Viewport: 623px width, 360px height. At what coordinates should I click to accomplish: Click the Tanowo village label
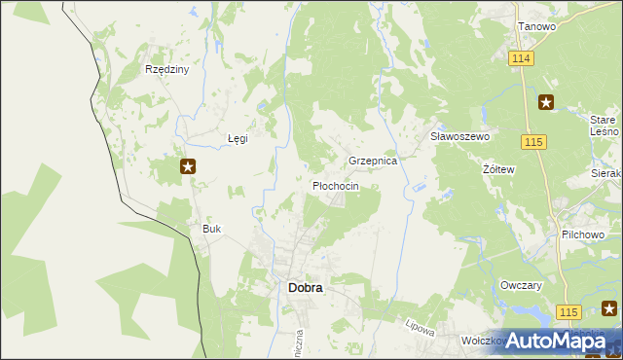coord(536,26)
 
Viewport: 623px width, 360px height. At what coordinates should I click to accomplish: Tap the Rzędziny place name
coord(166,70)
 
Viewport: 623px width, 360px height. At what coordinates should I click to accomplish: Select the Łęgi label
coord(238,138)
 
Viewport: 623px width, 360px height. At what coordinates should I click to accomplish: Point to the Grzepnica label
coord(373,161)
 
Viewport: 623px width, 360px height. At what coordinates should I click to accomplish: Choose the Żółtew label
coord(498,168)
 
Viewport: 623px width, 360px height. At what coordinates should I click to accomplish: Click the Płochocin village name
coord(335,186)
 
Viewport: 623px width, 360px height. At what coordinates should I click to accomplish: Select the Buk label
coord(211,229)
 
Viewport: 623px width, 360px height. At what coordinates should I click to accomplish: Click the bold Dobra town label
coord(305,288)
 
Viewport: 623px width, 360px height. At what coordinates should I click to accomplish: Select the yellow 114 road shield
coord(521,59)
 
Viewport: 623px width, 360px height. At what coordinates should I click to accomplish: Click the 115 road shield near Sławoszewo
coord(532,143)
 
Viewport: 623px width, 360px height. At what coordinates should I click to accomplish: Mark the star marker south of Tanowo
coord(546,101)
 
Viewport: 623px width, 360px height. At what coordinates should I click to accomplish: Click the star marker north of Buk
coord(189,166)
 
